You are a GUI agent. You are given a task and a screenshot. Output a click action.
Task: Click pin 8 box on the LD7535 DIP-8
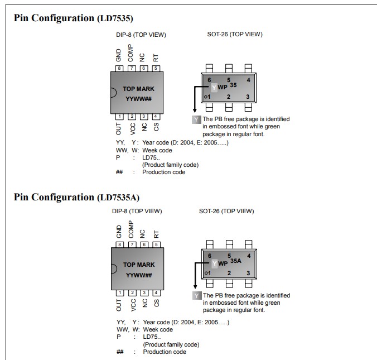coord(119,68)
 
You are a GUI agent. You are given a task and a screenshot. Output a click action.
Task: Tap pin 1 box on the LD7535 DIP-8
coord(119,117)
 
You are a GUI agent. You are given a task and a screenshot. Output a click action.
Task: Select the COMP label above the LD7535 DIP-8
coord(130,54)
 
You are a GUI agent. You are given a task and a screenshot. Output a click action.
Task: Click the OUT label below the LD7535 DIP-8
coord(118,128)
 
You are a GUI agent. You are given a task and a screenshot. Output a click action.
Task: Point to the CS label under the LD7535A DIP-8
coord(157,303)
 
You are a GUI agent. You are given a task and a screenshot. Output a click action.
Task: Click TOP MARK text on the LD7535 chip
coord(139,89)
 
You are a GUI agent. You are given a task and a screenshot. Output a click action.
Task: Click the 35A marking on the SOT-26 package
coord(235,261)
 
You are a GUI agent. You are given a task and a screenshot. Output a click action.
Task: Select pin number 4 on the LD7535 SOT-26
coord(248,80)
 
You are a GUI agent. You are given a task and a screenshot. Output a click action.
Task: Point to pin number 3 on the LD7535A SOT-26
coord(248,273)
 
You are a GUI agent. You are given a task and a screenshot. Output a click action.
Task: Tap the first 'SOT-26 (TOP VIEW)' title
coord(234,35)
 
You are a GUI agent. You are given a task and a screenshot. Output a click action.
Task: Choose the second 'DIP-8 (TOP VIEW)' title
coord(137,211)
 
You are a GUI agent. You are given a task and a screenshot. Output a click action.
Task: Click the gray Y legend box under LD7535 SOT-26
coord(196,119)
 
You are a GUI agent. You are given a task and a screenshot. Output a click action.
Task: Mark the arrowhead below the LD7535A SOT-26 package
coord(195,288)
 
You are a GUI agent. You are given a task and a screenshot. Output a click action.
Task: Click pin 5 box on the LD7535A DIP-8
coord(157,244)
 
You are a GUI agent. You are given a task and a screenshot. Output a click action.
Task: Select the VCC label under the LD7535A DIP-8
coord(133,304)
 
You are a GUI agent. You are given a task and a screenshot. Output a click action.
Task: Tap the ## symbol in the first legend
coord(119,172)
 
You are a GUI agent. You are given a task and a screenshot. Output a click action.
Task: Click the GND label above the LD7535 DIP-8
coord(119,55)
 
